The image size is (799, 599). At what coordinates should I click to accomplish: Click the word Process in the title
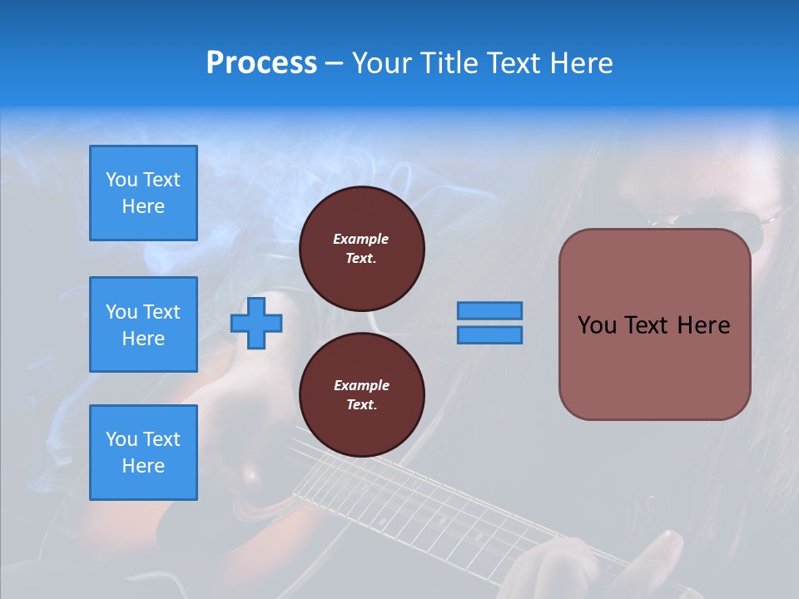(x=261, y=63)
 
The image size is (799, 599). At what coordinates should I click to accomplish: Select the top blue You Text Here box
(x=143, y=193)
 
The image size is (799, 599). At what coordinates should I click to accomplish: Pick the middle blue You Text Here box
(x=143, y=324)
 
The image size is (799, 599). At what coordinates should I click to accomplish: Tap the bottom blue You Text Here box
(x=143, y=453)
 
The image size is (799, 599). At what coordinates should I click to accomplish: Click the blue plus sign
(x=256, y=323)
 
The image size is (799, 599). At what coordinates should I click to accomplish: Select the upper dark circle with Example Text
(x=361, y=249)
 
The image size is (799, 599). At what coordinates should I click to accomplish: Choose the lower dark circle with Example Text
(x=361, y=395)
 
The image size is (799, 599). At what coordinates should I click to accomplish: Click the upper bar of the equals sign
(x=490, y=310)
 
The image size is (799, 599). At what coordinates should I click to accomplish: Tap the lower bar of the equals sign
(x=490, y=334)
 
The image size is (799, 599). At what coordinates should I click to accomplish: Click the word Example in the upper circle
(x=361, y=239)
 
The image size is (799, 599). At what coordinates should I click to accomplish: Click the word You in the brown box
(x=597, y=325)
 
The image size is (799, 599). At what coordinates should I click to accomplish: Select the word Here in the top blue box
(x=143, y=206)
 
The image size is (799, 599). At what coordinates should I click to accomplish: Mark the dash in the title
(x=335, y=64)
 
